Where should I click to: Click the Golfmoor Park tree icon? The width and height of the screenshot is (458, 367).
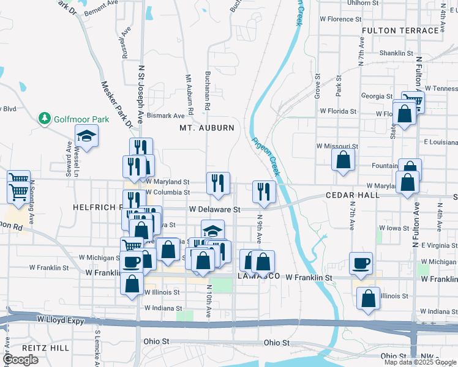[44, 118]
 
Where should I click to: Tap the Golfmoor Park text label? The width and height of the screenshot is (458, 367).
[81, 119]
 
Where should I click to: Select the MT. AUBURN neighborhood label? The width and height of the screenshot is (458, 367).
[207, 128]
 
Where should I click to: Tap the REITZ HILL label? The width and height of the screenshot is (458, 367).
[29, 347]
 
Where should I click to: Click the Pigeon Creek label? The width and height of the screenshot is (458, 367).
[266, 156]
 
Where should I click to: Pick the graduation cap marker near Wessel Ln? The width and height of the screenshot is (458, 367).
[87, 137]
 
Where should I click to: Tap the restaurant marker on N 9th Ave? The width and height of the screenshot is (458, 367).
[264, 191]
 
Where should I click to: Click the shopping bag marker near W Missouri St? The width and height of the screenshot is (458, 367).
[343, 160]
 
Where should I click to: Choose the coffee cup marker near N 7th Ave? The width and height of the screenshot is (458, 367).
[361, 263]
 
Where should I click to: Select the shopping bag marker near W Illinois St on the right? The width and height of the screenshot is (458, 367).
[369, 298]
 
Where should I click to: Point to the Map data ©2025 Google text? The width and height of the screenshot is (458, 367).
[420, 362]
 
